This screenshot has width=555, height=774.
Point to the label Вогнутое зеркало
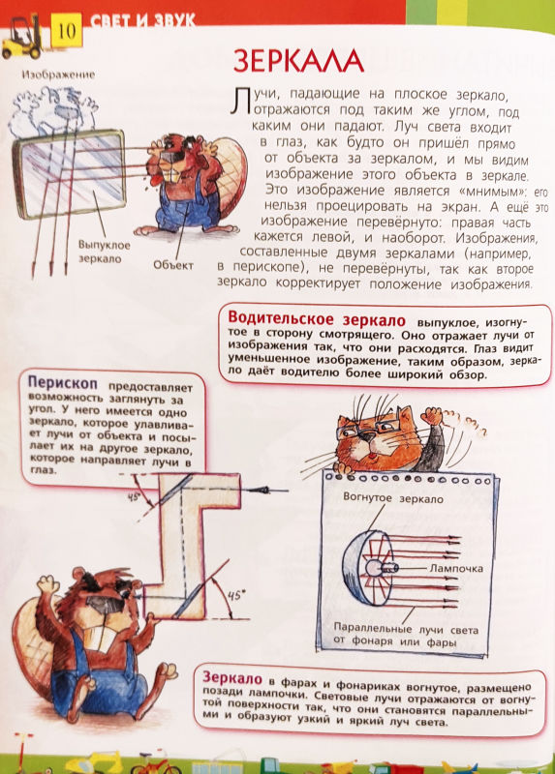point(392,499)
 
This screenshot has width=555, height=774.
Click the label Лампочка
point(454,568)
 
